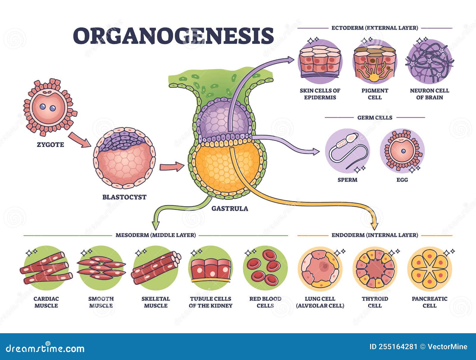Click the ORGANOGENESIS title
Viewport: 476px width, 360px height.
[x=173, y=36]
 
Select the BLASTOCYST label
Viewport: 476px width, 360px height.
[x=124, y=197]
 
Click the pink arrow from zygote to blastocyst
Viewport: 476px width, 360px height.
[x=79, y=140]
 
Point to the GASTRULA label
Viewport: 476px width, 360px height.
[x=230, y=208]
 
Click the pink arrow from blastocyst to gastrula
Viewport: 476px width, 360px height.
[x=172, y=167]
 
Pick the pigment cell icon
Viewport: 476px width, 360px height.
[x=375, y=62]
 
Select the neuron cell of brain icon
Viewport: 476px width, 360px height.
[x=429, y=62]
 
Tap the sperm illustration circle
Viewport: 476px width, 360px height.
[x=347, y=151]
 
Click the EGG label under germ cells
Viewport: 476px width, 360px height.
[x=402, y=180]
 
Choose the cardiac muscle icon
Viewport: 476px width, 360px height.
[x=46, y=268]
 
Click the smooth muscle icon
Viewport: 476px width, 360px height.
[x=101, y=268]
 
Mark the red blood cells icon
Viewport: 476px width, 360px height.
[x=265, y=268]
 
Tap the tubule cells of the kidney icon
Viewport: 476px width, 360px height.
[x=210, y=268]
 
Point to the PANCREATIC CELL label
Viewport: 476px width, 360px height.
[x=429, y=302]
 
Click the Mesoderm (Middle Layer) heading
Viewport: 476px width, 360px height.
[x=156, y=235]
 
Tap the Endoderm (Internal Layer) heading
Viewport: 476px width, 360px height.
[x=375, y=235]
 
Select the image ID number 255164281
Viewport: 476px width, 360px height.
[x=393, y=347]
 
